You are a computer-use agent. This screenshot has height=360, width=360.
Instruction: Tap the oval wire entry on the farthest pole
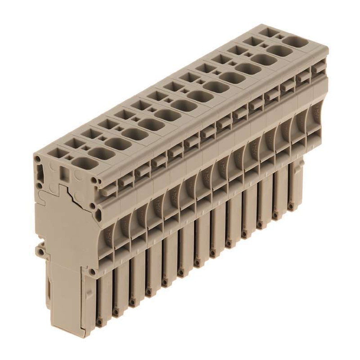pos(296,42)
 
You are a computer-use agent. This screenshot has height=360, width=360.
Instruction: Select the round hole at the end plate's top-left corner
pos(37,159)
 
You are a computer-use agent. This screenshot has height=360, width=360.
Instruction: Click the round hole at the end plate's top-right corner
pos(94,180)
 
